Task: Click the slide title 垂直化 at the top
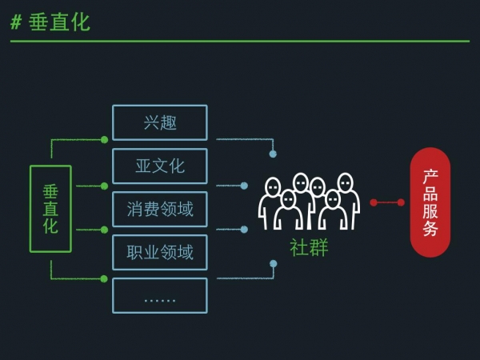point(59,22)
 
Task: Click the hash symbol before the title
point(16,22)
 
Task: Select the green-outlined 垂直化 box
point(50,209)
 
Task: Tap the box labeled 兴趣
point(160,122)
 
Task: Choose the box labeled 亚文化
point(160,166)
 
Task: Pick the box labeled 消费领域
point(160,209)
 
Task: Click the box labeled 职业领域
point(160,252)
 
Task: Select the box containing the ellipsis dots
point(160,295)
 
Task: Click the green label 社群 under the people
point(309,247)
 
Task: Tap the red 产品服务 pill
point(430,202)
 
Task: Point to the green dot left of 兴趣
point(104,139)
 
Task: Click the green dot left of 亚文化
point(104,186)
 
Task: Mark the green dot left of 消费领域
point(104,230)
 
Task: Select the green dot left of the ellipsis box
point(104,278)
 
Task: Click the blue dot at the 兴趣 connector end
point(273,154)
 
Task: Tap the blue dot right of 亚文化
point(244,186)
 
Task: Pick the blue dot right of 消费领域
point(244,230)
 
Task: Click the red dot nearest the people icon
point(374,202)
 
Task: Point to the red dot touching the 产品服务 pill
point(401,202)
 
